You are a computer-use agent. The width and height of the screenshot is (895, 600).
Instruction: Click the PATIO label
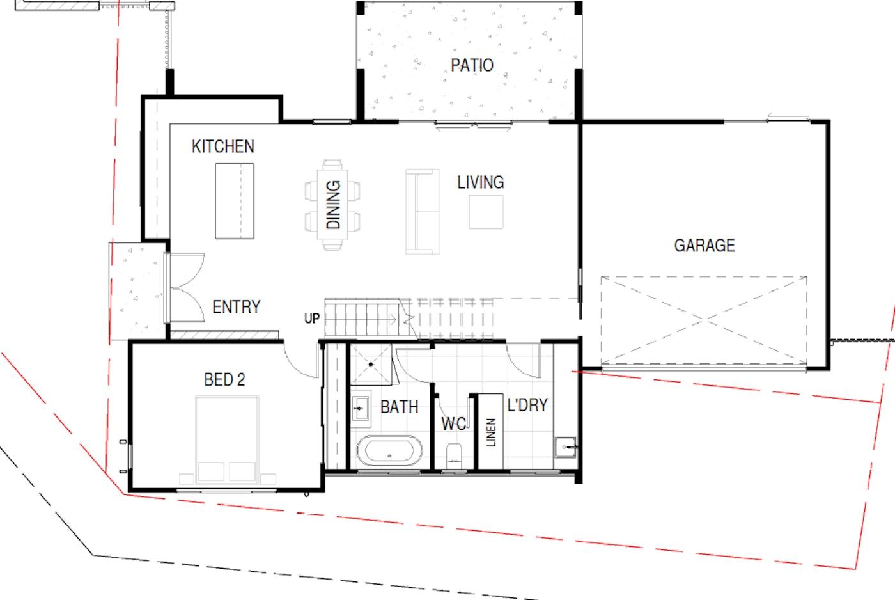coord(472,65)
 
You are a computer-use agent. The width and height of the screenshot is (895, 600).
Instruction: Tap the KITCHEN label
coord(223,146)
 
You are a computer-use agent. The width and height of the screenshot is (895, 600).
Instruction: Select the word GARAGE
coord(704,246)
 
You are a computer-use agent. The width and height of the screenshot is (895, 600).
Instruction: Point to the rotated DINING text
coord(333,205)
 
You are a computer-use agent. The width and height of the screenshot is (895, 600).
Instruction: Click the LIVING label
coord(481,182)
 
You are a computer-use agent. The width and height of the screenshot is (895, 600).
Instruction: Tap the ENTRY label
coord(236,307)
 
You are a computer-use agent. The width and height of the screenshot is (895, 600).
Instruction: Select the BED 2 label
coord(224,380)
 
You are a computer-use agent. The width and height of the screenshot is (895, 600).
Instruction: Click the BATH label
coord(399,407)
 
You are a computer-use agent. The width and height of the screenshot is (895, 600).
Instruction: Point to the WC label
coord(453,423)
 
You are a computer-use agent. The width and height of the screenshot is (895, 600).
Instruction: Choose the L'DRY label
coord(527,406)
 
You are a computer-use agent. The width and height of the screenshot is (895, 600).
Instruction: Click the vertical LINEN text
coord(491,432)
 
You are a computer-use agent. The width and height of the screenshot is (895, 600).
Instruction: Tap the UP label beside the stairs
coord(312,319)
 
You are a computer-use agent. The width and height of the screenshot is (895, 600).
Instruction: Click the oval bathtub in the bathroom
coord(389,450)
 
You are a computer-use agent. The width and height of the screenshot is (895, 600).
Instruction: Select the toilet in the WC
coord(454,455)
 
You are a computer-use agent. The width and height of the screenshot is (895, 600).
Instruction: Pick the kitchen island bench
coord(235,201)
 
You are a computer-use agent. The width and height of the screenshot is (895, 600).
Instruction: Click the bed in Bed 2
coord(228,440)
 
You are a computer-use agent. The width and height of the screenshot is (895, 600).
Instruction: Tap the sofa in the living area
coord(423,212)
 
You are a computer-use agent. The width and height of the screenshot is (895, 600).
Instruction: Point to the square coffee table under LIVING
coord(486,212)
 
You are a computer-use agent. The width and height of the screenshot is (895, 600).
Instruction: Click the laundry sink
coord(565,447)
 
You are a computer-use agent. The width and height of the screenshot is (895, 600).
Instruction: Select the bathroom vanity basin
coord(361,409)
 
